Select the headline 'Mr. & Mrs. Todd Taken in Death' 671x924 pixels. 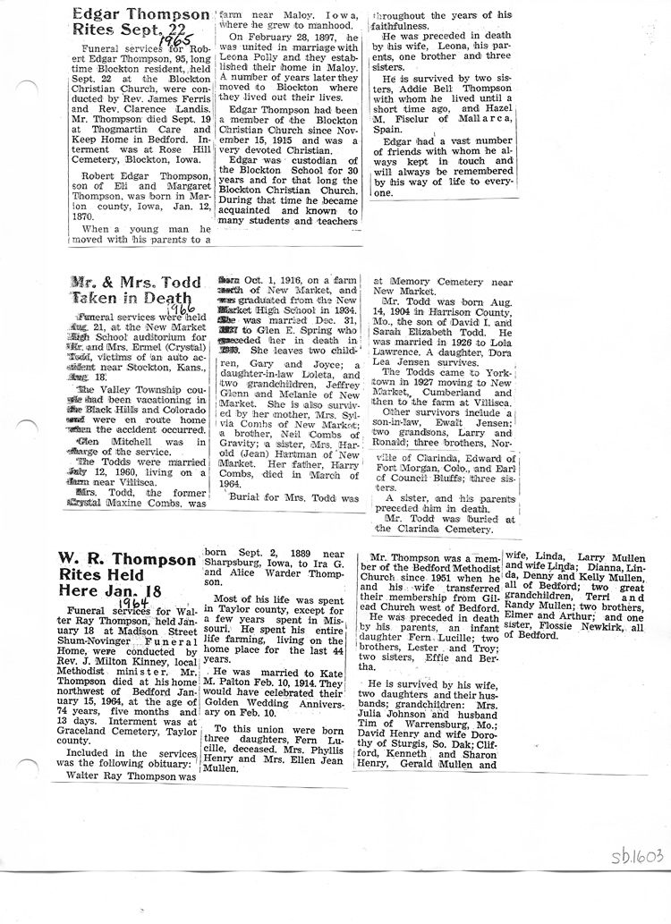(136, 291)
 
